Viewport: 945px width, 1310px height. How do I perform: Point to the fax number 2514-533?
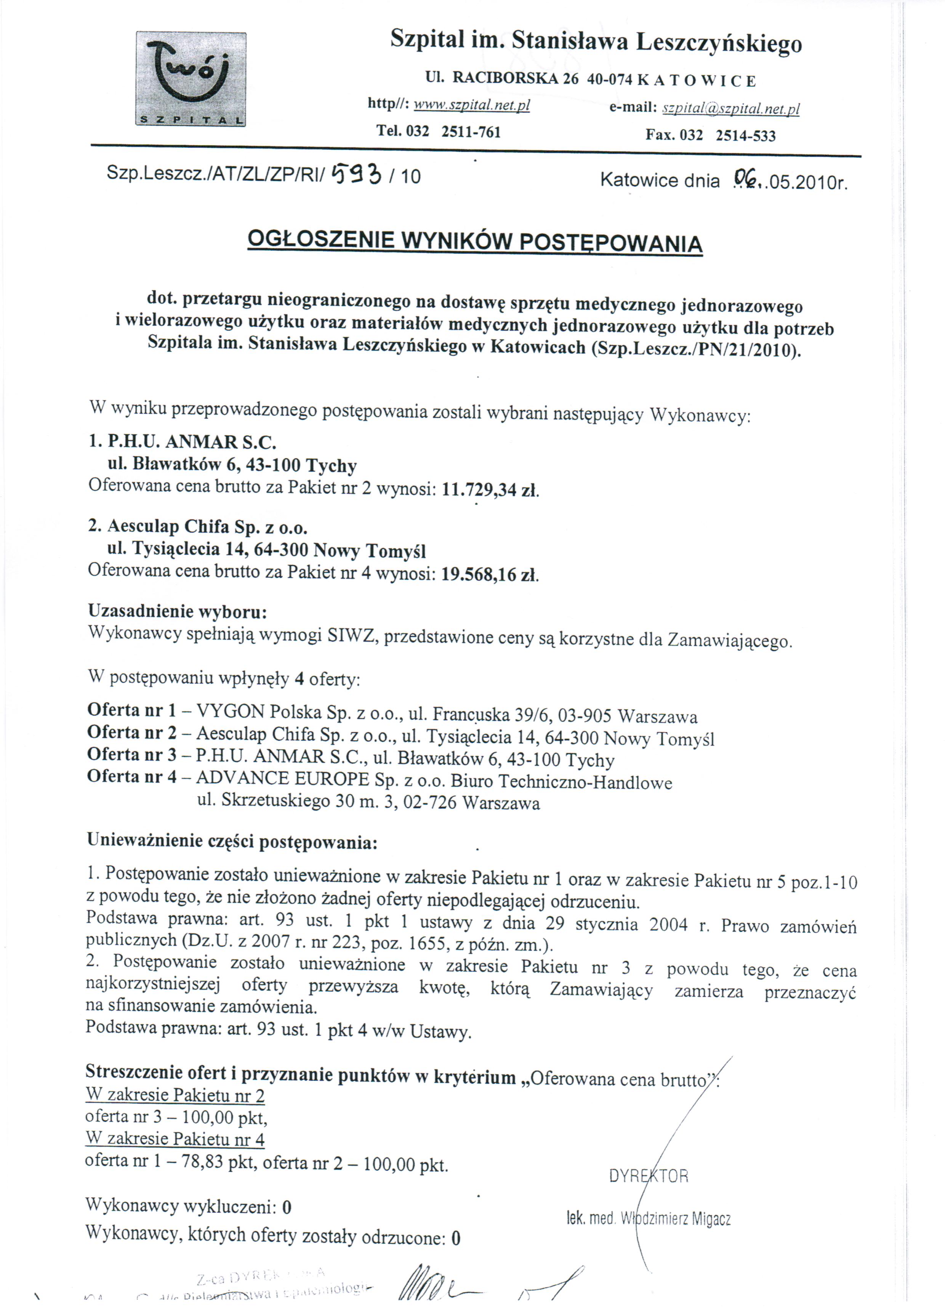click(745, 135)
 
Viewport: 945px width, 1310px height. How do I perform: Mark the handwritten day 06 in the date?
click(745, 179)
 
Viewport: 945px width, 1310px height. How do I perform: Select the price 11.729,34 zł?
click(490, 491)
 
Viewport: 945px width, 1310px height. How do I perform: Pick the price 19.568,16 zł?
click(490, 575)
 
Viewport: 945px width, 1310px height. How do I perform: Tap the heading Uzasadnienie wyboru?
click(177, 611)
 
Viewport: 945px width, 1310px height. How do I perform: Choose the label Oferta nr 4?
click(132, 777)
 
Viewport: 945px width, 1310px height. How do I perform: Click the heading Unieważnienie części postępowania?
click(232, 841)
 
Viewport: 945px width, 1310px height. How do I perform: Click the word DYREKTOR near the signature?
click(648, 1176)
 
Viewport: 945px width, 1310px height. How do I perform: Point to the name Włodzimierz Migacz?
click(675, 1219)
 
